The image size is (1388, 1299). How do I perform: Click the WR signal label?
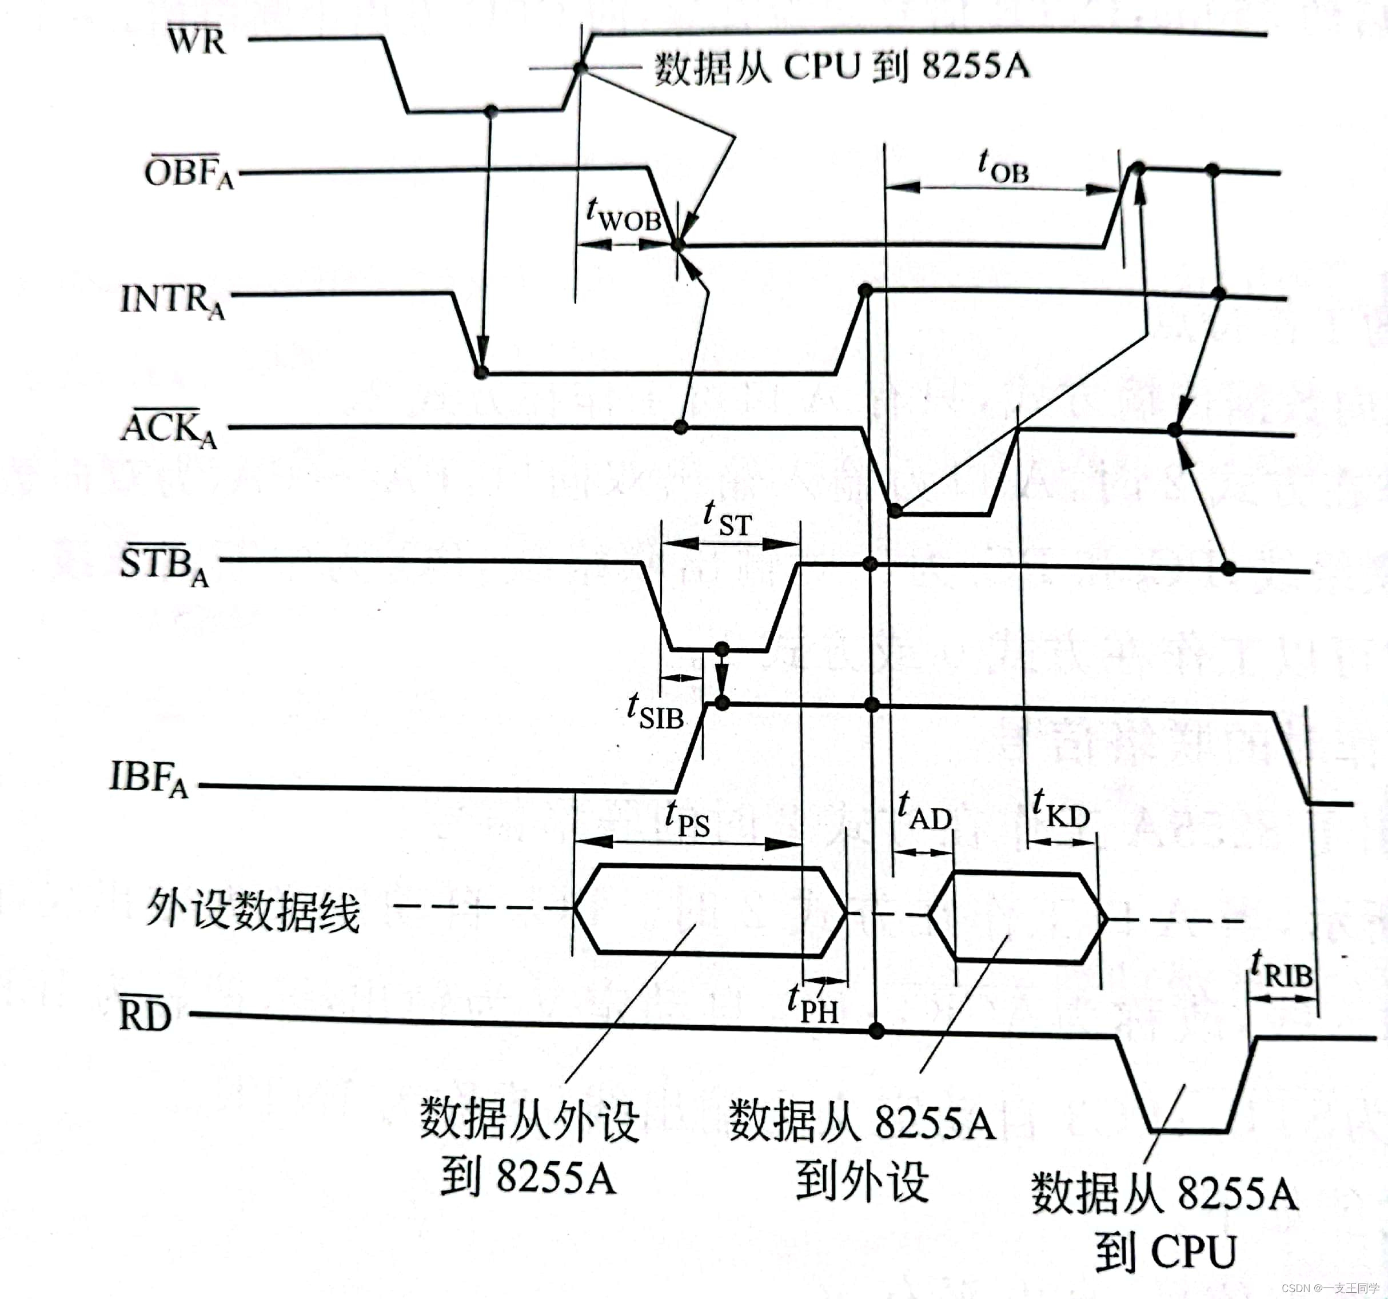197,40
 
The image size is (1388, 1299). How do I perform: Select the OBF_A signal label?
189,173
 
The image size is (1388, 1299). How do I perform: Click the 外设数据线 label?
253,911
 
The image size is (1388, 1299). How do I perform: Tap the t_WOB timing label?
624,214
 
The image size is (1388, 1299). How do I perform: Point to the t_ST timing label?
728,520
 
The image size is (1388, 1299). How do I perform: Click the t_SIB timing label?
655,712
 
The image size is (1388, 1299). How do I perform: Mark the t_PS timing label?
687,819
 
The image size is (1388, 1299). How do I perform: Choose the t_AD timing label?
924,811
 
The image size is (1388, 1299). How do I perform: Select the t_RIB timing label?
1281,969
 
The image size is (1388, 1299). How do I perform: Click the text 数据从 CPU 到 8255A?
841,67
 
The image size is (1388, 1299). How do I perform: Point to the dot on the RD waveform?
877,1031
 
